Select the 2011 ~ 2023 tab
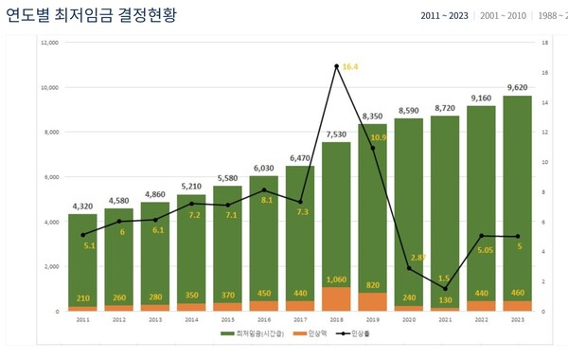tap(444, 16)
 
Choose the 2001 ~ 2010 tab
tap(503, 16)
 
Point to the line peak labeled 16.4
tap(336, 66)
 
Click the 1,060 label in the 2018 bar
tap(336, 279)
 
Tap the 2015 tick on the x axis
tap(227, 319)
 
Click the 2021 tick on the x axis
tap(444, 319)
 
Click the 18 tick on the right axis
tap(544, 43)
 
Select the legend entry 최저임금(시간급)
tap(255, 335)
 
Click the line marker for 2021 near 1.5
tap(444, 288)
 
